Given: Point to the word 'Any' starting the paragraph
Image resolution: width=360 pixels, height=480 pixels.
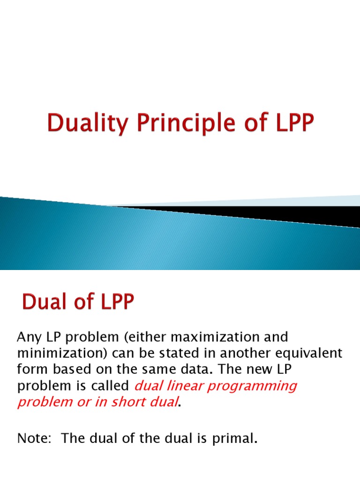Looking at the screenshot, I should (x=27, y=337).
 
